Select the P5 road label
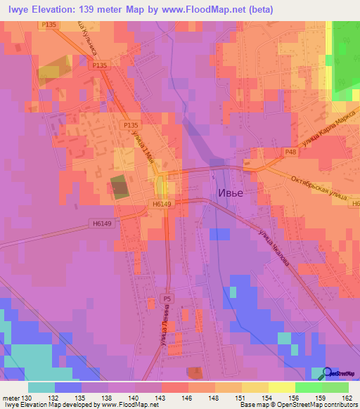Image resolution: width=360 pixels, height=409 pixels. click(167, 298)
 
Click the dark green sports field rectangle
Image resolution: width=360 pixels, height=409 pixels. click(119, 188)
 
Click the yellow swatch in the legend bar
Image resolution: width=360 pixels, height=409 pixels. click(282, 387)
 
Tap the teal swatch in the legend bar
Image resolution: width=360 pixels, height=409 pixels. click(41, 387)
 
